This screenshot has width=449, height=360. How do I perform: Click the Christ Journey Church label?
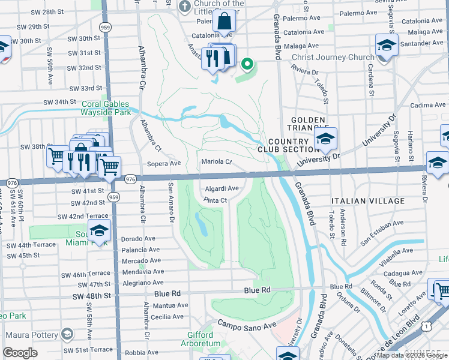(x=324, y=58)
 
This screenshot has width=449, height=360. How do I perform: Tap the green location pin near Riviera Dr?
(x=247, y=64)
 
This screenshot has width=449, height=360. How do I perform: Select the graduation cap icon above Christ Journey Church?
(x=387, y=46)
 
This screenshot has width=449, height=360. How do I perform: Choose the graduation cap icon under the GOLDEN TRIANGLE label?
(x=325, y=140)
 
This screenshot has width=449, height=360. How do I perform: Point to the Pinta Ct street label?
(x=214, y=200)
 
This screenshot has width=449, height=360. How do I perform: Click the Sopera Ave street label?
(x=164, y=163)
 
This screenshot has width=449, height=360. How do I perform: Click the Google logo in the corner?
(x=20, y=353)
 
